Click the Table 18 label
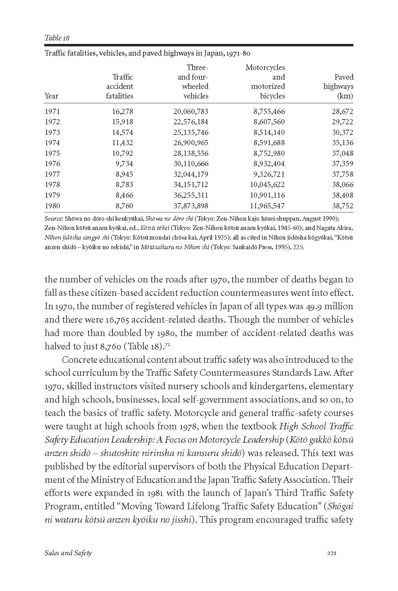(x=57, y=38)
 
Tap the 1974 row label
(x=52, y=143)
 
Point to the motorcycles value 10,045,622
(x=267, y=185)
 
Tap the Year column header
(x=51, y=96)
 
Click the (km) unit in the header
(x=345, y=96)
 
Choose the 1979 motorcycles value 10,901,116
(x=267, y=195)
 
